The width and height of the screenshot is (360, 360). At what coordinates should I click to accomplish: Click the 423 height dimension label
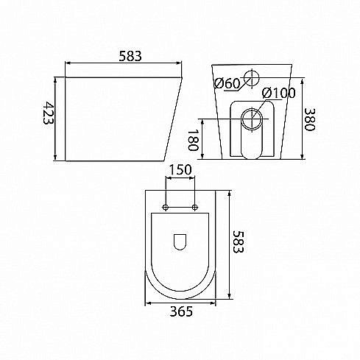[x=49, y=113]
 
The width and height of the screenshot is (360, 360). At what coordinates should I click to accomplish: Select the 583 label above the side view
[x=130, y=56]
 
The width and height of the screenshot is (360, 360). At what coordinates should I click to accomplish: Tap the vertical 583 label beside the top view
[x=238, y=241]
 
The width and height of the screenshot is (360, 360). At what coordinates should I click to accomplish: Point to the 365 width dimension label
[x=181, y=311]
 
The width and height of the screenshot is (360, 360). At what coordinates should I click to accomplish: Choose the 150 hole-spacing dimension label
[x=180, y=169]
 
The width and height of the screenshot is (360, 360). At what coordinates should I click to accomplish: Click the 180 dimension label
[x=193, y=140]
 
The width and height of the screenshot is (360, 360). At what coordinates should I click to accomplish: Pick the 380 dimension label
[x=309, y=119]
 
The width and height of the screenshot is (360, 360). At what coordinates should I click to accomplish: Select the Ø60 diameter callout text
[x=227, y=83]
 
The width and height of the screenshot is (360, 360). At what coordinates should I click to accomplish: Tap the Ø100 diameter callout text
[x=278, y=93]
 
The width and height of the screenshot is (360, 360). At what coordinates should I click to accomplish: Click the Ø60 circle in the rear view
[x=252, y=71]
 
